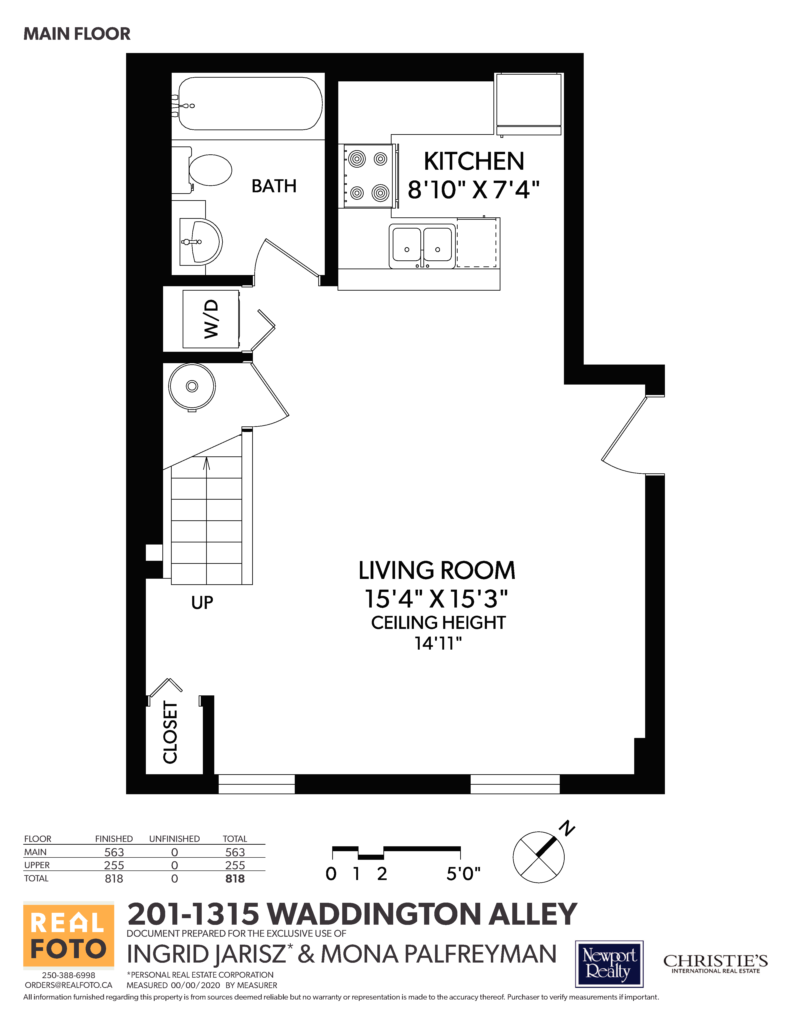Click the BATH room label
(274, 186)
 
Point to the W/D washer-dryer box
(211, 319)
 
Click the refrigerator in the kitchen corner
(529, 104)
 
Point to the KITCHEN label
(474, 161)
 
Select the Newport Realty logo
(609, 963)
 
